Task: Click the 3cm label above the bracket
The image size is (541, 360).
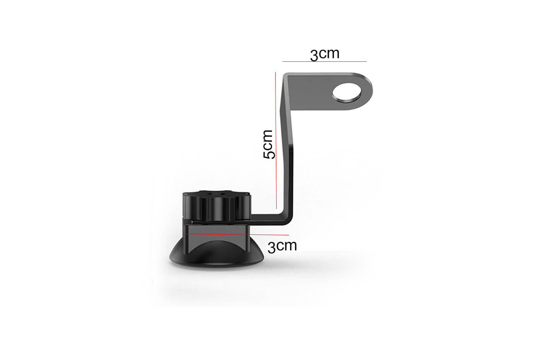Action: point(325,54)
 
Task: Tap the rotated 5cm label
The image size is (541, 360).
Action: point(269,144)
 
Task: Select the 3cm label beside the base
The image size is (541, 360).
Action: point(282,246)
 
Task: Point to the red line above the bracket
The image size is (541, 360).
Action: point(324,61)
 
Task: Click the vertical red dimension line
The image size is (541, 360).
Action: point(276,141)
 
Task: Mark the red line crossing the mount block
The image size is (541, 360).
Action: point(236,234)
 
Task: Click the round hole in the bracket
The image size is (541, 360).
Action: point(347,92)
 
